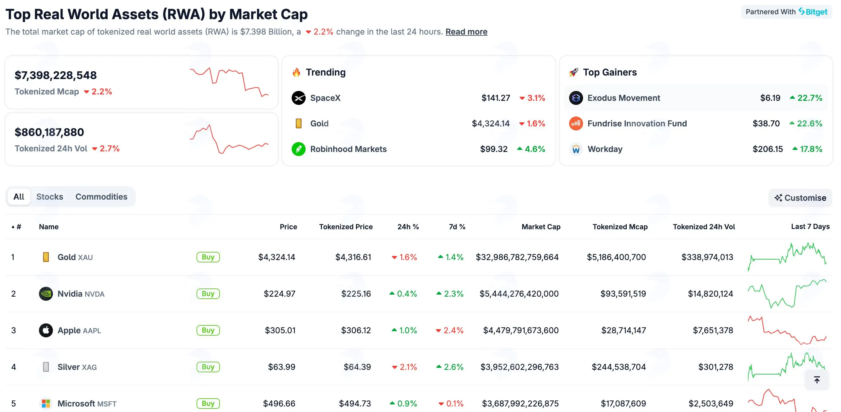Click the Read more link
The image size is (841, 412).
pos(466,32)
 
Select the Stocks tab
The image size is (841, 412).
pos(50,197)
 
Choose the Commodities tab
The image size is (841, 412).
pos(101,197)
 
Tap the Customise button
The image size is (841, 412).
pos(800,198)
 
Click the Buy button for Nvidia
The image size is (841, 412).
pos(208,293)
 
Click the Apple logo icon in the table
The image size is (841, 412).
pos(46,330)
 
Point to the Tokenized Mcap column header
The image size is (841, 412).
pos(620,227)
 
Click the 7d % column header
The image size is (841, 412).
pos(457,227)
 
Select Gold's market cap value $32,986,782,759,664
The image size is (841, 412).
pos(517,257)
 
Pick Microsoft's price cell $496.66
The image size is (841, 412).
pos(279,404)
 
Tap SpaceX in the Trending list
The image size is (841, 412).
pos(325,98)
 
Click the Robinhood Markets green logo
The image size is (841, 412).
pos(298,149)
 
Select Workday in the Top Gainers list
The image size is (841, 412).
pos(605,149)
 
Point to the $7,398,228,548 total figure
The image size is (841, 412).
pos(56,75)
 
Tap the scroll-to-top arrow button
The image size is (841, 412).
pos(817,380)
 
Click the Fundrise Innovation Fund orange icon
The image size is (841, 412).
pos(576,123)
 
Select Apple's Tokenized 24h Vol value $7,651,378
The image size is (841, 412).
pos(713,330)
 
